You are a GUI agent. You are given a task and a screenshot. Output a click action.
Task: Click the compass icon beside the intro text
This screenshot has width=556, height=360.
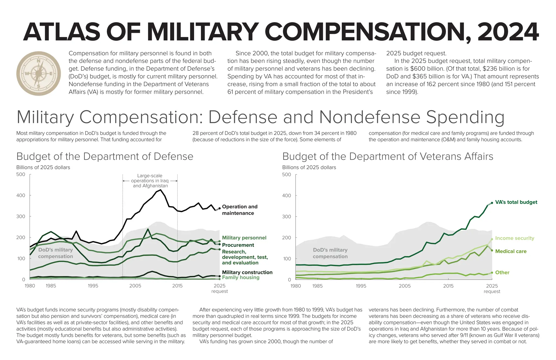(x=39, y=73)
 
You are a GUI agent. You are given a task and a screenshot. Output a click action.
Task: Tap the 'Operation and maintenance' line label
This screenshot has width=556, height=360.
(x=239, y=210)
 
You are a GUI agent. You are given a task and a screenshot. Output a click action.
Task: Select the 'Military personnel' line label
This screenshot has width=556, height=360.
(x=244, y=238)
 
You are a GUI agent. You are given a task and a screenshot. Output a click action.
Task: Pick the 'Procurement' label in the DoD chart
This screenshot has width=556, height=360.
(x=238, y=245)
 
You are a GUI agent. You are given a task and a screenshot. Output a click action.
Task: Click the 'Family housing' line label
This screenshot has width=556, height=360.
(x=241, y=277)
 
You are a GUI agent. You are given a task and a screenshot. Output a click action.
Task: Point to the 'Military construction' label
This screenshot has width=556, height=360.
(x=247, y=272)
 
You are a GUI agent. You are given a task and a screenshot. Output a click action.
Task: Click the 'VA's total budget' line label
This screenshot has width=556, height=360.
(x=516, y=202)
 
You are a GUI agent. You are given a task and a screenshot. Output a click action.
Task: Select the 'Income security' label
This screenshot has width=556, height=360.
(x=514, y=238)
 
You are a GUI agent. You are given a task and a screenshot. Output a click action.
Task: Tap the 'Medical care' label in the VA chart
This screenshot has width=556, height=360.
(x=511, y=251)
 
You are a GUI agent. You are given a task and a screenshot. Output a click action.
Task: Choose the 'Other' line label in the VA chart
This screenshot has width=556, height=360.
(x=502, y=273)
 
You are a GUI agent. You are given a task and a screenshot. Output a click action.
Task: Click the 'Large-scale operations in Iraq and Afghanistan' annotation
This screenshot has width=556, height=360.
(x=150, y=181)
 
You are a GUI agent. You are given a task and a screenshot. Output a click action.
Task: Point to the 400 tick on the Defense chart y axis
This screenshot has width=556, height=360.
(x=21, y=195)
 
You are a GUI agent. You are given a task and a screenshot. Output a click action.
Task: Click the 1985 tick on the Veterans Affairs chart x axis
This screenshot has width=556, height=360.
(x=317, y=286)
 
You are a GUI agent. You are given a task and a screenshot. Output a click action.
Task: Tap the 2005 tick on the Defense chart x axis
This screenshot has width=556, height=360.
(x=135, y=286)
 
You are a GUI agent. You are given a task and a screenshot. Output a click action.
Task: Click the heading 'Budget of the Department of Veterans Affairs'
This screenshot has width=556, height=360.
(x=387, y=156)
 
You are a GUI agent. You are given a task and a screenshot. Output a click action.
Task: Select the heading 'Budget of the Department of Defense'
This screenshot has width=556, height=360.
(x=105, y=156)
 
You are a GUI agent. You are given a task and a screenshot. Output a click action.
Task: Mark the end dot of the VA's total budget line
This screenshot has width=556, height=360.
(x=492, y=203)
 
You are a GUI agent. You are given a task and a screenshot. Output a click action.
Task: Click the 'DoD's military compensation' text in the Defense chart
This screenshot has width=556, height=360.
(x=55, y=253)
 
